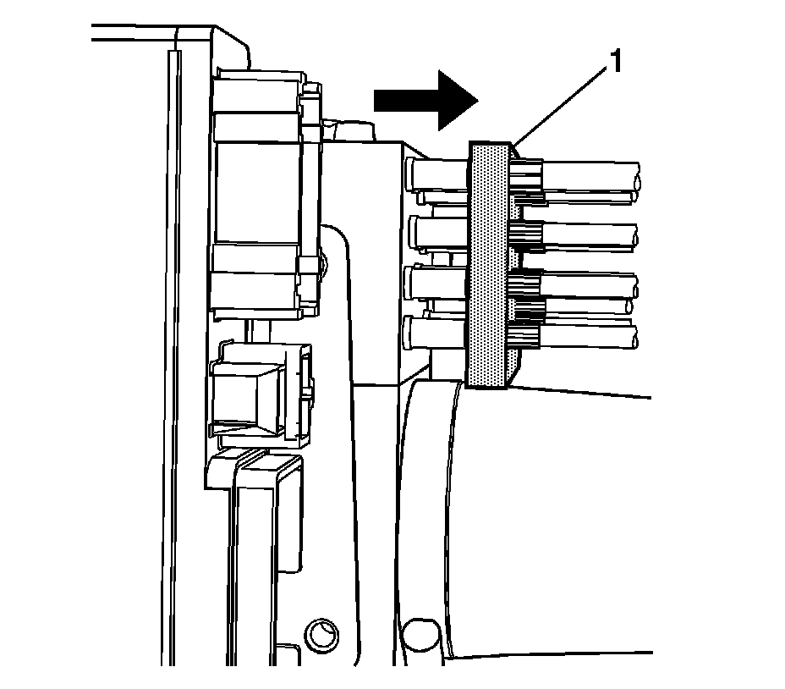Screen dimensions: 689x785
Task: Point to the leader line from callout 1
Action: pos(558,107)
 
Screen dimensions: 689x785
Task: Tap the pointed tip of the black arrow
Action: pos(477,100)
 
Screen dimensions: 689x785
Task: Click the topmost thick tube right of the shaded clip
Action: pos(592,175)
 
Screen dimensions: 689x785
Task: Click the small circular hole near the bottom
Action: pos(321,631)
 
